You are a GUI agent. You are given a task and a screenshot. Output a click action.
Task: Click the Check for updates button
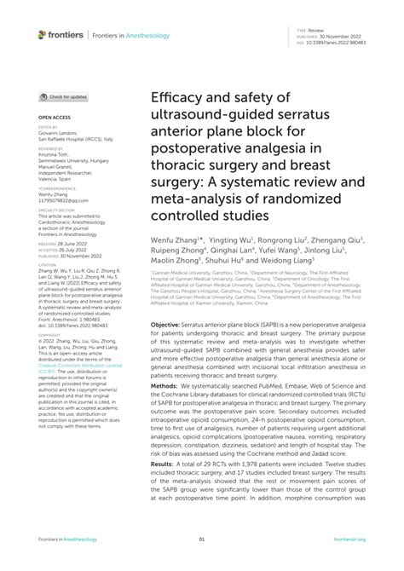(x=63, y=97)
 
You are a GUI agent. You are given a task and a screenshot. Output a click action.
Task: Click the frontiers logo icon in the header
(x=40, y=34)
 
